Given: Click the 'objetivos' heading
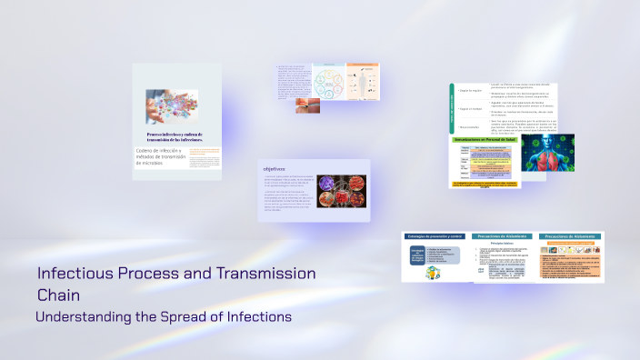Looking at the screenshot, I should tap(275, 169).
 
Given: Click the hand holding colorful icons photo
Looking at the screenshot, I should tap(172, 107).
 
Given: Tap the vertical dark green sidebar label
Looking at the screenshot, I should tap(451, 108).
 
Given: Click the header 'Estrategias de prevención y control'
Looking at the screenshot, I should tap(435, 236).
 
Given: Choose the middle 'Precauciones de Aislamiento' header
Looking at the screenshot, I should tap(503, 236).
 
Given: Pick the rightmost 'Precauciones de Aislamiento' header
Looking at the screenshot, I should tap(570, 236).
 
